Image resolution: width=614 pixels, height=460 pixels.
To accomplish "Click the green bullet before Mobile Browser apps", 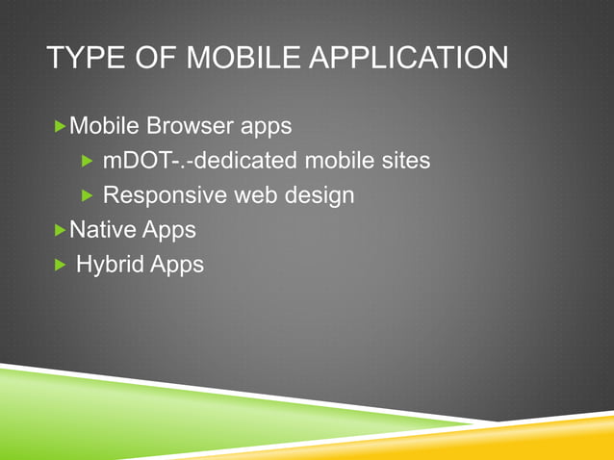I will (62, 125).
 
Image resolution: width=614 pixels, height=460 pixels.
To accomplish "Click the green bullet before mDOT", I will (87, 161).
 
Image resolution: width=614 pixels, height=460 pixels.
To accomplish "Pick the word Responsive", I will (161, 195).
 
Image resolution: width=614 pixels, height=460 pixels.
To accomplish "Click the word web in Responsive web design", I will (253, 194).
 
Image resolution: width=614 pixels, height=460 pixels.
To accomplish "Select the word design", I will (320, 195).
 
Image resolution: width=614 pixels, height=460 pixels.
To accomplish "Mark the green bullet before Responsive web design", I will (87, 195).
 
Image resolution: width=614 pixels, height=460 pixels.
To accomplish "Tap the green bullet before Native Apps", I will (62, 230).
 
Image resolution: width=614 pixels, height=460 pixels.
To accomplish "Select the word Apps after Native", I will (169, 230).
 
